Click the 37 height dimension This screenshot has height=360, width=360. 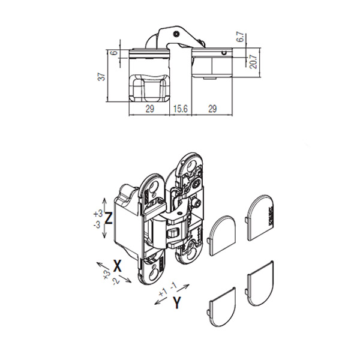coord(101,76)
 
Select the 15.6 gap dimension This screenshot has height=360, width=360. coord(181,109)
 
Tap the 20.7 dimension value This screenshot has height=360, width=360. coord(253,62)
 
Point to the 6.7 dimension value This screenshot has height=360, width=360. coord(241,37)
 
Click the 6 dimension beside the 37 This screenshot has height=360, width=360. coord(115,53)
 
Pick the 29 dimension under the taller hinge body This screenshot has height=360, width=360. coord(149,109)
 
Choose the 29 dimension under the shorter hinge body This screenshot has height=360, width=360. coord(212,109)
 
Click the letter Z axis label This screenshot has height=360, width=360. coord(108,218)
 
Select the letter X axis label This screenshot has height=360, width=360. coord(118,266)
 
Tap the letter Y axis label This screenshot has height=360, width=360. coord(177,302)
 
